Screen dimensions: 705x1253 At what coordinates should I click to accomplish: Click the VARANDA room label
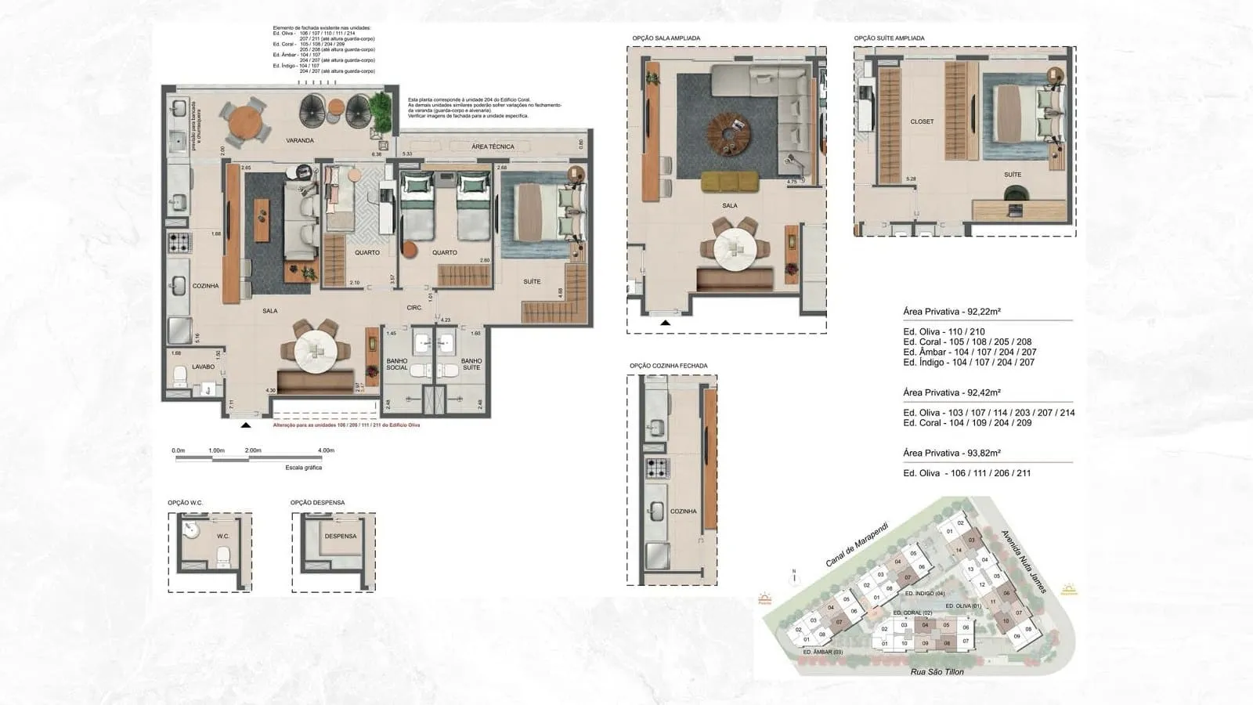(299, 141)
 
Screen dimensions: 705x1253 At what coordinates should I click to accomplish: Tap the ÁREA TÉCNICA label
(493, 146)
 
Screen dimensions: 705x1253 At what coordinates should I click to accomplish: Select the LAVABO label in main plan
(181, 367)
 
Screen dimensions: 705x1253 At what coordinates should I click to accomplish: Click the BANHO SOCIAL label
(397, 364)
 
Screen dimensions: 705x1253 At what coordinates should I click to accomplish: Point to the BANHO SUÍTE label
(471, 364)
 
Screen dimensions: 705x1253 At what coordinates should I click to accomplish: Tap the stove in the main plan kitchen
(179, 241)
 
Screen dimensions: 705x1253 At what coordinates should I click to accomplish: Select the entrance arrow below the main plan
(246, 425)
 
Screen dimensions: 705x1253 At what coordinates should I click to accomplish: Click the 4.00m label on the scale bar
(326, 450)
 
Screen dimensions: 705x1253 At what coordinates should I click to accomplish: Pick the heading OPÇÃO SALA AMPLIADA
(666, 38)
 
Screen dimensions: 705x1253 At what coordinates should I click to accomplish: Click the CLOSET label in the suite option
(922, 121)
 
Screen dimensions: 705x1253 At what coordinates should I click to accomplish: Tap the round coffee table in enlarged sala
(729, 132)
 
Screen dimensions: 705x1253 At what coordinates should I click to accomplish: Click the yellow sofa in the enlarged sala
(729, 181)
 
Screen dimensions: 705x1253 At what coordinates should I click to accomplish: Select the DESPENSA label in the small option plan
(340, 537)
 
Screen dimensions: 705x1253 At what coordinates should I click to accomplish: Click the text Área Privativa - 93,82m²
(951, 453)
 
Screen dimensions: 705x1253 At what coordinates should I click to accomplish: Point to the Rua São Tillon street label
(937, 671)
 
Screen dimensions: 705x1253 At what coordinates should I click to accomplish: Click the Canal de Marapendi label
(858, 544)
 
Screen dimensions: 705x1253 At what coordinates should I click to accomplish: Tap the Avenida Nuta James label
(1024, 561)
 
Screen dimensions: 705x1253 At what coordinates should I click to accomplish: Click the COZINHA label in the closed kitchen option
(683, 511)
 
